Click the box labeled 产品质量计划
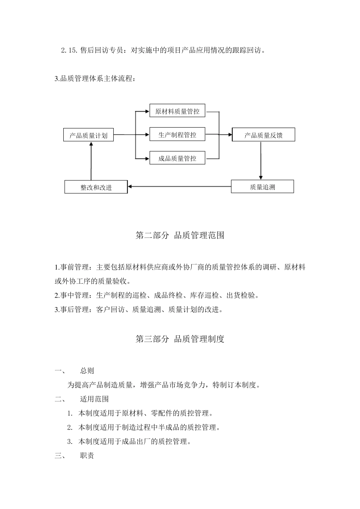pyautogui.click(x=88, y=135)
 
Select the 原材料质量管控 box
pyautogui.click(x=177, y=111)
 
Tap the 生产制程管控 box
pyautogui.click(x=177, y=134)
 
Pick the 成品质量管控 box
pyautogui.click(x=177, y=158)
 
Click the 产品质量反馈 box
pyautogui.click(x=263, y=135)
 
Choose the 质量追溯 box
pyautogui.click(x=262, y=187)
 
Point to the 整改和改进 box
pyautogui.click(x=96, y=187)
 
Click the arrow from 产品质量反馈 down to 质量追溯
pyautogui.click(x=261, y=161)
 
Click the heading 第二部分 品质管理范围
pyautogui.click(x=180, y=235)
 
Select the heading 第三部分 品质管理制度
pyautogui.click(x=180, y=339)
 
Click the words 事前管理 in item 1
pyautogui.click(x=74, y=267)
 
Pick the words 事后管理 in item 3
pyautogui.click(x=74, y=310)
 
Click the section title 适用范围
pyautogui.click(x=94, y=399)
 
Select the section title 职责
pyautogui.click(x=87, y=456)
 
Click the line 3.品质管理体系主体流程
pyautogui.click(x=95, y=79)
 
